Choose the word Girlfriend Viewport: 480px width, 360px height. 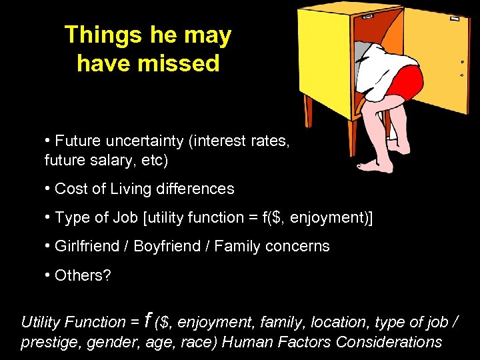coord(88,246)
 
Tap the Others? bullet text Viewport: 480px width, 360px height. coord(83,275)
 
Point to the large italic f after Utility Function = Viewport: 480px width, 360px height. coord(149,320)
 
